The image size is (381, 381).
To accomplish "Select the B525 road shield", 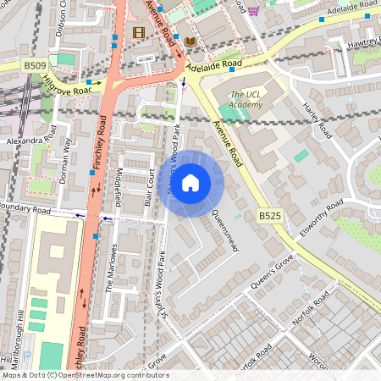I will (269, 216).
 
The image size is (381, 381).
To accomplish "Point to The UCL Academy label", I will (246, 99).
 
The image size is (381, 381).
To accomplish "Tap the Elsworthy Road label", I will (319, 219).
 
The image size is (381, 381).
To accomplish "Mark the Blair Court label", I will (149, 187).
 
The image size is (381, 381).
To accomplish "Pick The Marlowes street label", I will (110, 268).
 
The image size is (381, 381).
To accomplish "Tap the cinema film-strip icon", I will (139, 32).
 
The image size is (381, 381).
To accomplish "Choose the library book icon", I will (190, 41).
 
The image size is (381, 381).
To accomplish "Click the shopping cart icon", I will (253, 10).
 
